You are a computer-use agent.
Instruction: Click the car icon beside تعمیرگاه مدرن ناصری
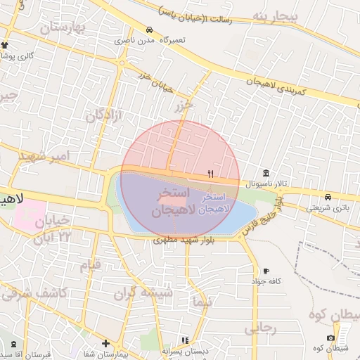click(x=149, y=30)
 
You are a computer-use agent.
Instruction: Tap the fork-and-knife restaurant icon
click(x=210, y=173)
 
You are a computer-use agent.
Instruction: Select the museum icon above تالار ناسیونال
click(x=266, y=173)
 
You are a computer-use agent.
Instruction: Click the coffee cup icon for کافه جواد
click(x=266, y=271)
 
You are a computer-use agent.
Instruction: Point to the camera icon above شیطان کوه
click(x=330, y=338)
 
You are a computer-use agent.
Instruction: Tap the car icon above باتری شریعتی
click(x=328, y=197)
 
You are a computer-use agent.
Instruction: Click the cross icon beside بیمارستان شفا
click(x=105, y=344)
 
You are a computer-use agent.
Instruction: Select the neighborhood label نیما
click(x=201, y=302)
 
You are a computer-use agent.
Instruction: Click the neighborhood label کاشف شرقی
click(x=42, y=292)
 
